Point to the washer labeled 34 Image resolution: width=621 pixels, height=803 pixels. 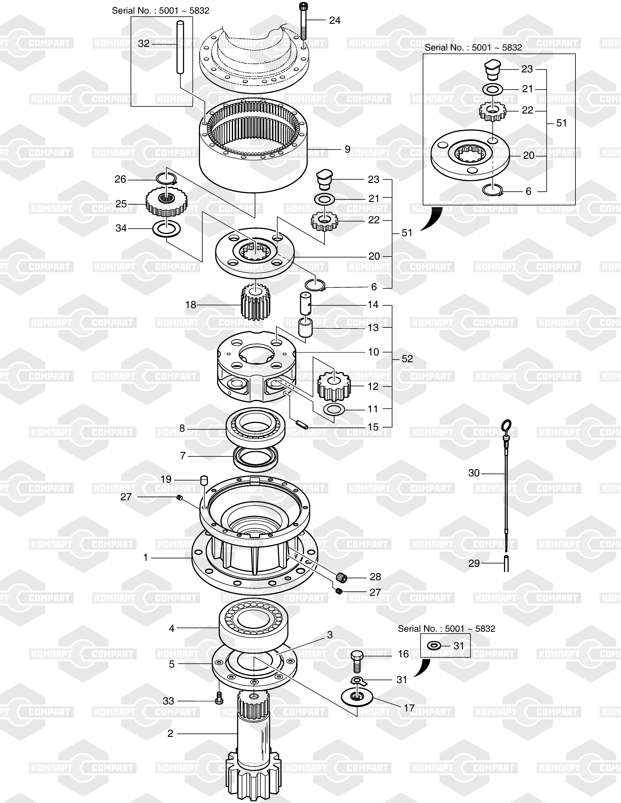tap(167, 229)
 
